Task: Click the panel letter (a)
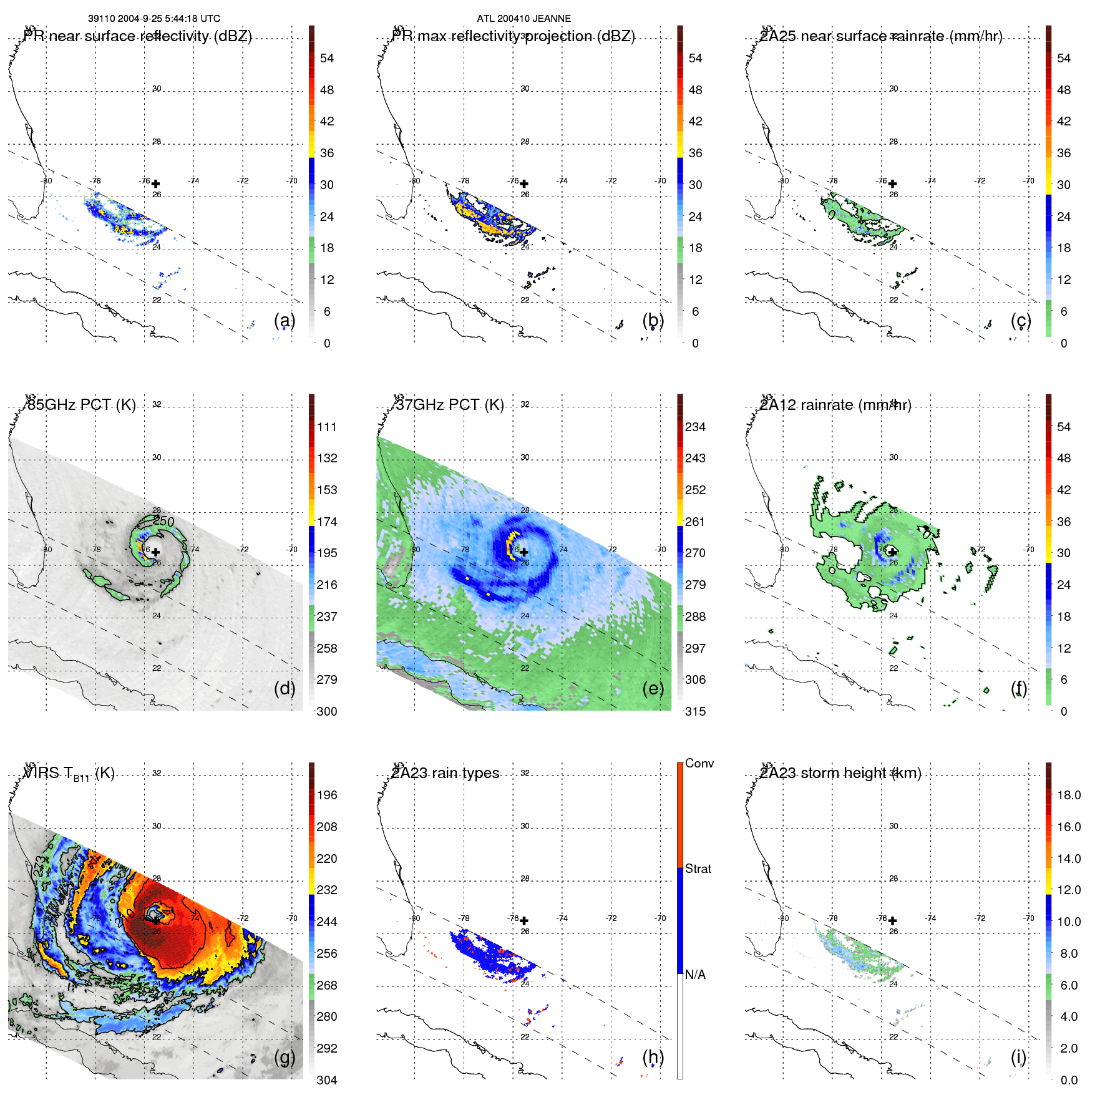[284, 321]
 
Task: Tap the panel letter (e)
[653, 689]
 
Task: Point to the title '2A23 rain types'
[445, 773]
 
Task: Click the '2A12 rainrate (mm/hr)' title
[835, 405]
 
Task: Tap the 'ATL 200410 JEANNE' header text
[523, 19]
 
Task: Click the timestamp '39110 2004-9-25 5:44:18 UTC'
[154, 19]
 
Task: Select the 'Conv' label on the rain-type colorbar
[699, 763]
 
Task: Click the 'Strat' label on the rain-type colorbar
[698, 869]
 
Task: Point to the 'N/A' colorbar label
[695, 975]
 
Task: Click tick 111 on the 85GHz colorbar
[326, 427]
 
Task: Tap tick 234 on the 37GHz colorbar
[695, 427]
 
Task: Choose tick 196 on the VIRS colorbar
[326, 795]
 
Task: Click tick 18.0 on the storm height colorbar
[1068, 795]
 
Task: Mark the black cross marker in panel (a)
[155, 183]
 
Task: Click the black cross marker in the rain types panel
[524, 920]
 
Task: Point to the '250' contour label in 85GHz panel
[163, 521]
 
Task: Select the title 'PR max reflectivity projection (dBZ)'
[513, 36]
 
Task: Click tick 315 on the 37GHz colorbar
[695, 711]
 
